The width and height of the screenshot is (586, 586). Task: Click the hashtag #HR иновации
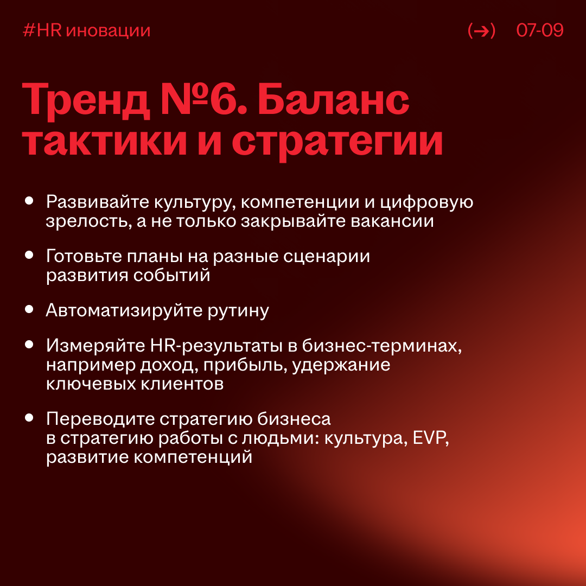point(87,31)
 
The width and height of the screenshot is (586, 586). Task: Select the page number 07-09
point(540,31)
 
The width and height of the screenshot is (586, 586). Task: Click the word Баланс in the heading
point(333,101)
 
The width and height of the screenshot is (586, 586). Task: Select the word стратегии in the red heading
point(337,143)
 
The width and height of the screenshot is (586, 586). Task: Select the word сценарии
point(327,256)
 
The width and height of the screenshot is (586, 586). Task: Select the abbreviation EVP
point(431,438)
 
